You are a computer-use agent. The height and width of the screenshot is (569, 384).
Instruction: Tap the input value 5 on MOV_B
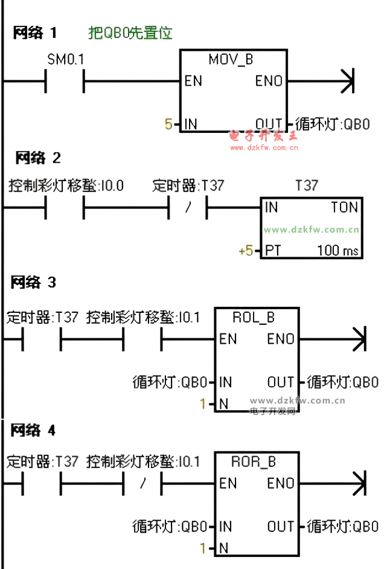(168, 124)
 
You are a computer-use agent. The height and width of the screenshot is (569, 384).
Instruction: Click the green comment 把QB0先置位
(130, 33)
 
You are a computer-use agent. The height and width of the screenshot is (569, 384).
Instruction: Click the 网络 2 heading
(38, 158)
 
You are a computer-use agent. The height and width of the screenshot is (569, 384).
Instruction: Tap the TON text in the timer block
(344, 207)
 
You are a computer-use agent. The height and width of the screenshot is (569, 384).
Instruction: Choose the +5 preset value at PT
(246, 250)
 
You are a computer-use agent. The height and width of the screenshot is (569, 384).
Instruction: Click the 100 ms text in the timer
(338, 250)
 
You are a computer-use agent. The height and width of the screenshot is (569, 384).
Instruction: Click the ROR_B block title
(254, 462)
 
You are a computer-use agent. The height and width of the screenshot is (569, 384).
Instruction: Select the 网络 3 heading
(34, 282)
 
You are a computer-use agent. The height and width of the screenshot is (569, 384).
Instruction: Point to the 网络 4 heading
(34, 431)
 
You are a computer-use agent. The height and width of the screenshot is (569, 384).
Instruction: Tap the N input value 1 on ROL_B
(203, 403)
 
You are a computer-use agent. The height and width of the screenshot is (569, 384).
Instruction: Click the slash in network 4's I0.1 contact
(142, 484)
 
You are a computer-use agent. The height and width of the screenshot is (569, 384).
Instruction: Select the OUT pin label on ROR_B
(281, 526)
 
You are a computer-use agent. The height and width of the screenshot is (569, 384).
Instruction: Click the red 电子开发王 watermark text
(264, 135)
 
